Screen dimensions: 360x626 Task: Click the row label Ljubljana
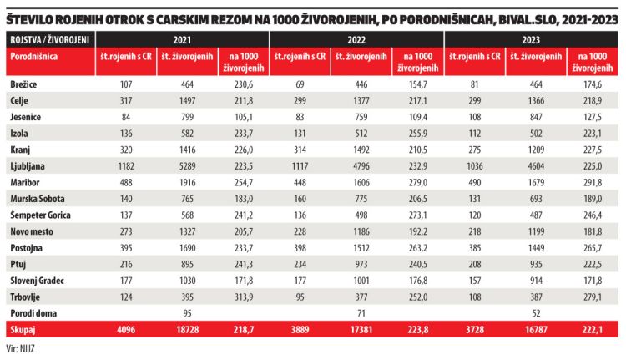pos(28,166)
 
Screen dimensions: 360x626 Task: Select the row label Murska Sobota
pos(37,198)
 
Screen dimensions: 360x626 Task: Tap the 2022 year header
pos(357,40)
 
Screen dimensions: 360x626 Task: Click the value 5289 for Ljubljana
pos(187,166)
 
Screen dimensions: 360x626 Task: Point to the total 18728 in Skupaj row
pos(187,330)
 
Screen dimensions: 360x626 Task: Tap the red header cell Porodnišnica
pos(34,56)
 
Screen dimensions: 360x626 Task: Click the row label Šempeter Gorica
pos(41,214)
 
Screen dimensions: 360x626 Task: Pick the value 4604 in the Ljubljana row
pos(535,166)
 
